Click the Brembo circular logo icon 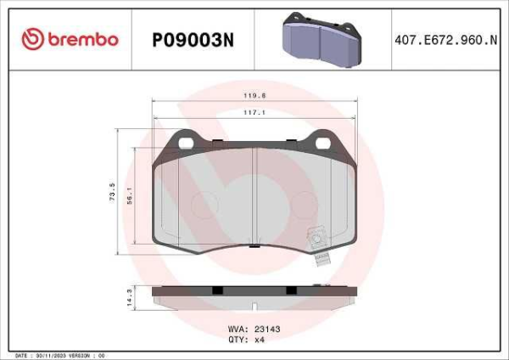pos(31,39)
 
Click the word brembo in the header pos(83,39)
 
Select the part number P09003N pos(193,39)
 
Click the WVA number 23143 pos(266,325)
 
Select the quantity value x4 pos(260,337)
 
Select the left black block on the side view pos(217,290)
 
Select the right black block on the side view pos(291,290)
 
